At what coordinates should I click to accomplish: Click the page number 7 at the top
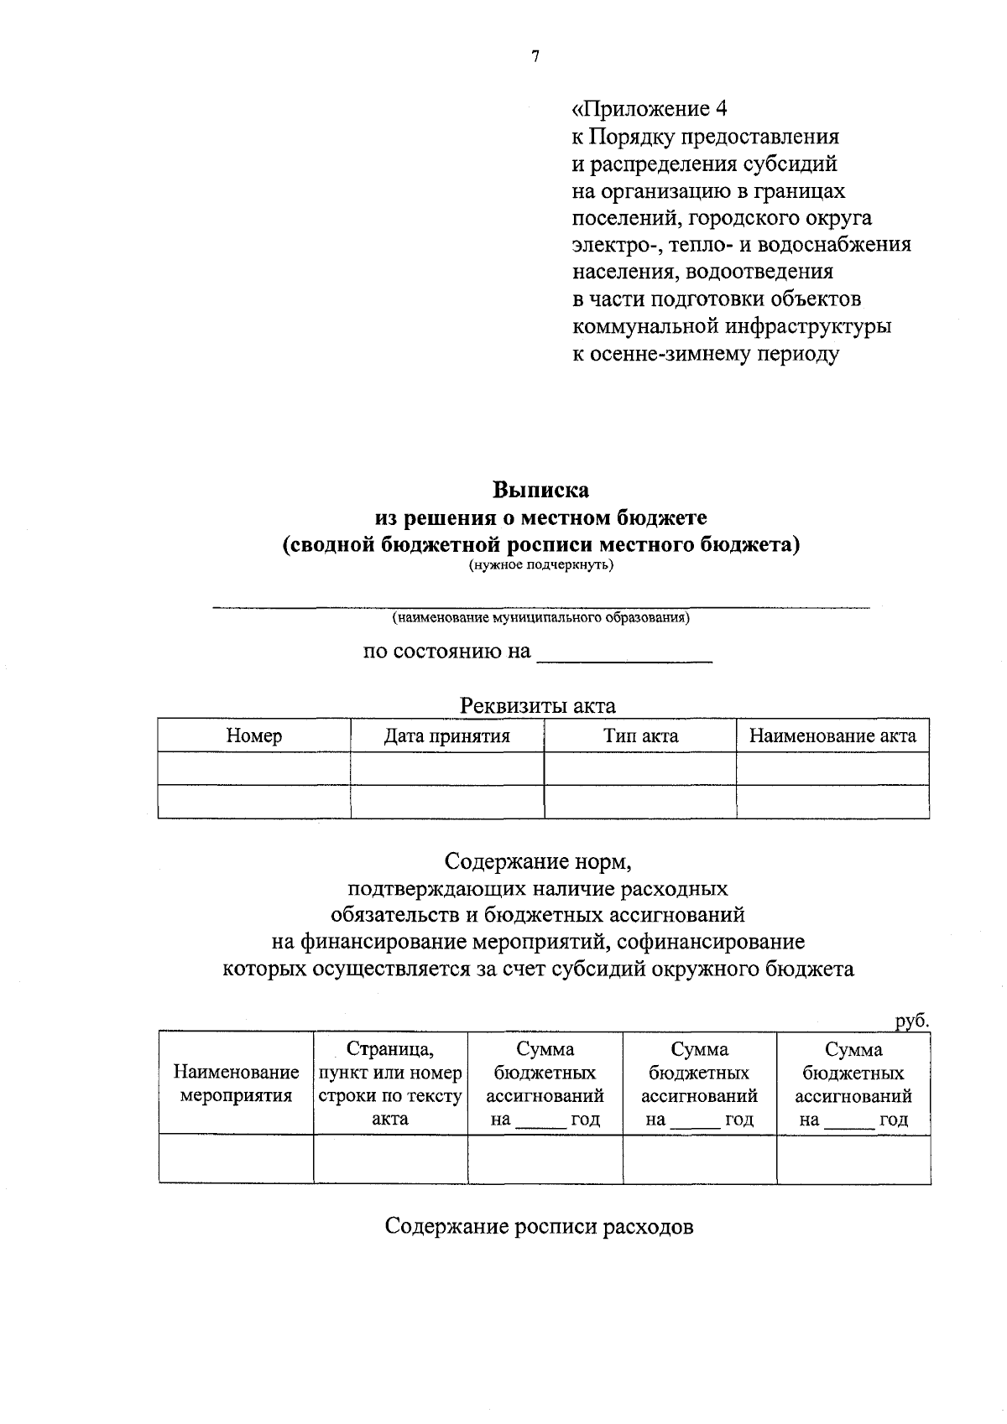[535, 57]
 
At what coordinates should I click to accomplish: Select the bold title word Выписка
[540, 490]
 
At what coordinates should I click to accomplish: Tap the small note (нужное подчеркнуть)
[540, 564]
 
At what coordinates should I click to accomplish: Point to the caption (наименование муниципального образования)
[540, 618]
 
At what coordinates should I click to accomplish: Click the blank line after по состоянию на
[624, 653]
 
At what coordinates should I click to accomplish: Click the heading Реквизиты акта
[537, 706]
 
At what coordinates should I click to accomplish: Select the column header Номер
[254, 736]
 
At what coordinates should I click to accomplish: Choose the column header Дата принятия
[446, 736]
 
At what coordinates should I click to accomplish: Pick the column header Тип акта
[640, 736]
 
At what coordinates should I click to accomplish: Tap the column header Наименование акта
[832, 736]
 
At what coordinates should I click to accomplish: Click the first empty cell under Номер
[254, 768]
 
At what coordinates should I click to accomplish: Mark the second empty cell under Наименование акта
[832, 802]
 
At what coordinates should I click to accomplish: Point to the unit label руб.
[911, 1021]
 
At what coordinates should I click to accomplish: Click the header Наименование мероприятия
[236, 1084]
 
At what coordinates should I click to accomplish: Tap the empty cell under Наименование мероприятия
[236, 1159]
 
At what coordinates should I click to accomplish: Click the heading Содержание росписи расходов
[539, 1227]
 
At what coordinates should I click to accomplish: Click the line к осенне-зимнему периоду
[705, 354]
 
